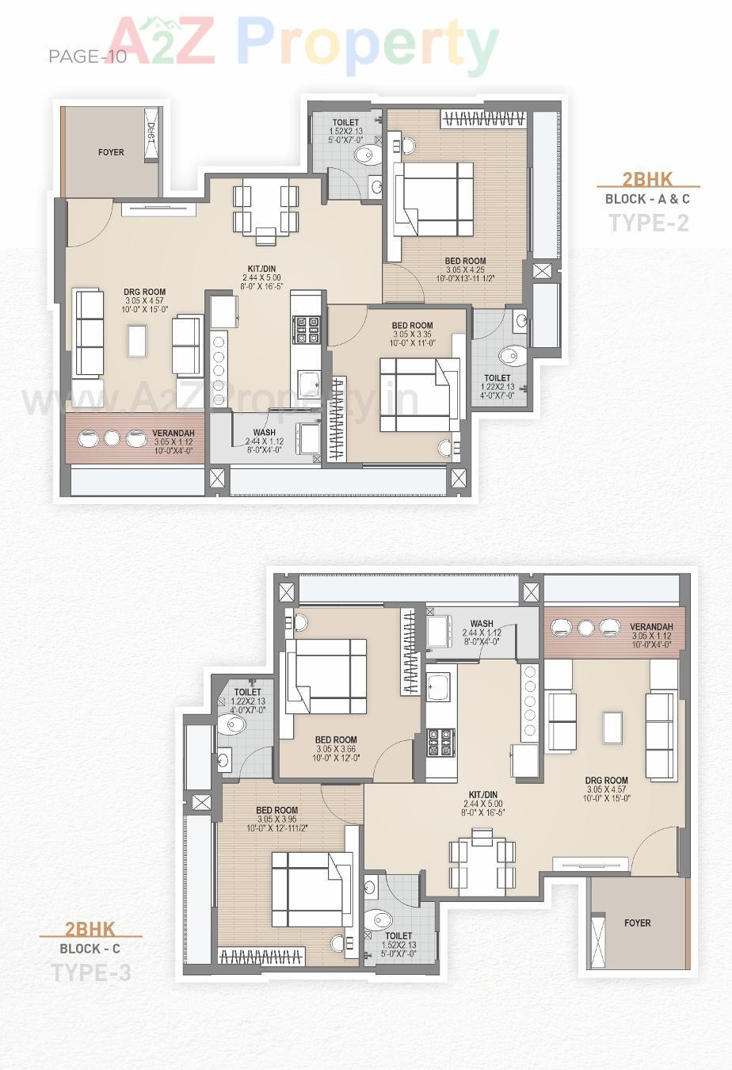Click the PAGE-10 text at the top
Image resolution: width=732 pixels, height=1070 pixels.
(x=87, y=57)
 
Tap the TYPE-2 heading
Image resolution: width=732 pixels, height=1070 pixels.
(x=648, y=223)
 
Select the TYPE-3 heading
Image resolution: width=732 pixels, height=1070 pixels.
(x=91, y=973)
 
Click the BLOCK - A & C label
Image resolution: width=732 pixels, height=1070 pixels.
(x=647, y=199)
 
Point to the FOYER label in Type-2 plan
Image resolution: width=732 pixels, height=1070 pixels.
(x=111, y=152)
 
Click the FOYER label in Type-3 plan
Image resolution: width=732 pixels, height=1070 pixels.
(x=637, y=923)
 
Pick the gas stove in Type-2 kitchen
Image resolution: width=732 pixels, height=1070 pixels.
(x=307, y=331)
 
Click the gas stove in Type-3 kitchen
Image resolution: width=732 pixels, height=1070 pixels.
(x=440, y=743)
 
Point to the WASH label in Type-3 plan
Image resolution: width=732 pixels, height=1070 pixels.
(x=481, y=624)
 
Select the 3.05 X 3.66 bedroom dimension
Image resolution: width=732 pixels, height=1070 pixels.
(x=336, y=749)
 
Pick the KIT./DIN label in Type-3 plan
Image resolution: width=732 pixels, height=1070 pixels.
(x=482, y=795)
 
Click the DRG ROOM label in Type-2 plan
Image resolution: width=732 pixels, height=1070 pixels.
(x=144, y=292)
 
